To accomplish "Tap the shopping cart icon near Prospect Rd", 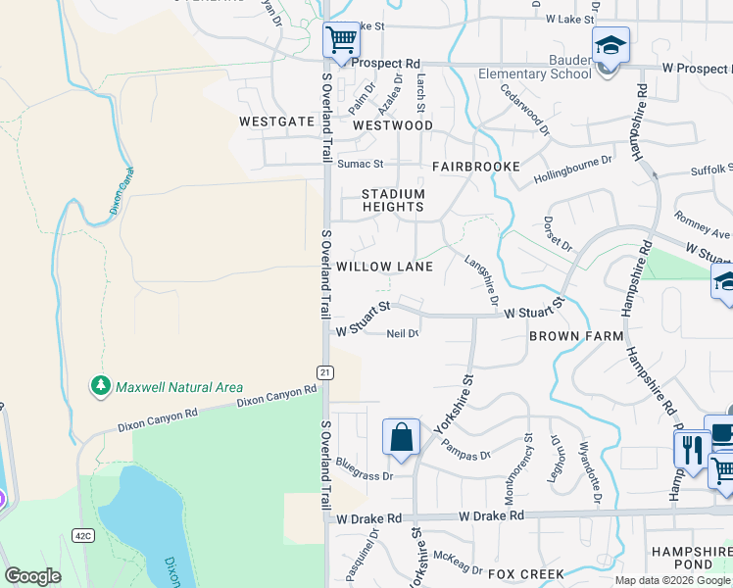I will (341, 40).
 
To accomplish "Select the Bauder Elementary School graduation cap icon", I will (610, 45).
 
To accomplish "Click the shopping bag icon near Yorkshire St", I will (402, 436).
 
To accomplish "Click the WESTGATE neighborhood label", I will (276, 122).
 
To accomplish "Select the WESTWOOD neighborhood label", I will (392, 125).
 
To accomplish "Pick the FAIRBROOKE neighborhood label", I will (476, 167).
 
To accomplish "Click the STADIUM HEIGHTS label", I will (393, 200).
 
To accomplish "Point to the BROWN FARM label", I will (576, 336).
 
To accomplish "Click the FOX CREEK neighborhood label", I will (526, 573).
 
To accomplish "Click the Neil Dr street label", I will (403, 334).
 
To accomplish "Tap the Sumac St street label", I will (360, 164).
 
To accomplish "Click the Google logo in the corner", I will (32, 576).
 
